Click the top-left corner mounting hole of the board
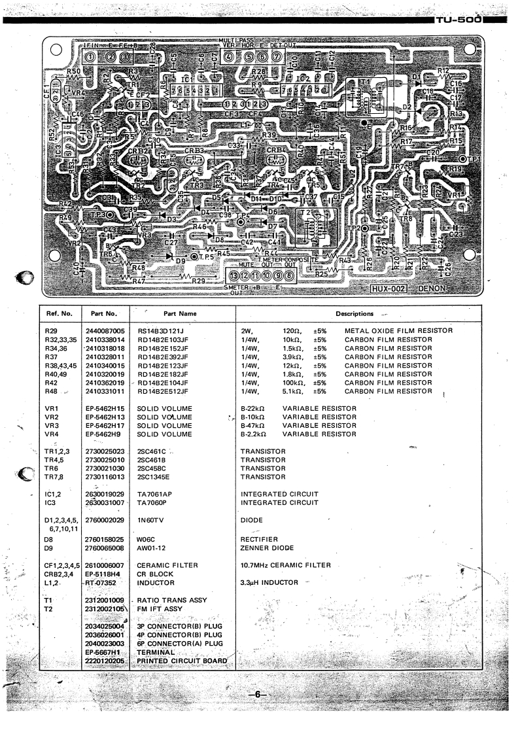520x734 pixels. (x=56, y=48)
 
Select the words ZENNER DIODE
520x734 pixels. (x=267, y=548)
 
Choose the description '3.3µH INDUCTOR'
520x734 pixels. (x=269, y=582)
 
